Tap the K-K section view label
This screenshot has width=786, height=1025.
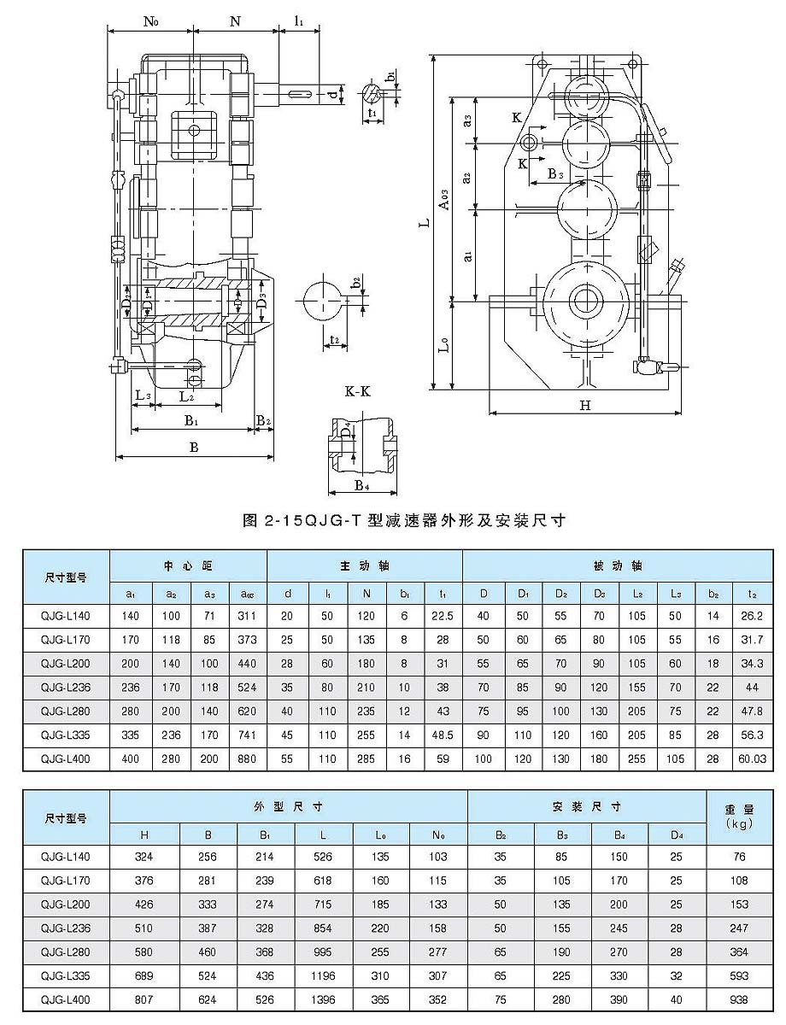click(x=357, y=392)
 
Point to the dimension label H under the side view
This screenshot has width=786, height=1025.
click(x=585, y=407)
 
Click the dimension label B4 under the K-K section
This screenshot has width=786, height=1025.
click(x=361, y=488)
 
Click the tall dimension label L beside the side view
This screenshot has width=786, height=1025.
click(x=424, y=224)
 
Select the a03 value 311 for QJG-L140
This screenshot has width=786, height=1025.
click(x=247, y=614)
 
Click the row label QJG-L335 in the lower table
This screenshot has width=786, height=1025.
click(x=65, y=975)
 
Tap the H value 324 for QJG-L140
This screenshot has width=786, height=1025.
click(x=144, y=856)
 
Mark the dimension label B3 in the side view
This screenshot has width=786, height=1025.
click(x=555, y=174)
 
